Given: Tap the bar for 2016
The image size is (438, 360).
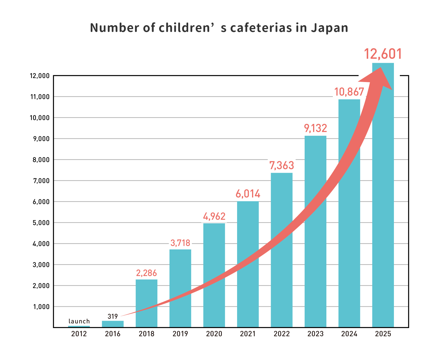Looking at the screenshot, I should [113, 324].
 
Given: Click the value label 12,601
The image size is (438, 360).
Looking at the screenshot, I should [383, 54].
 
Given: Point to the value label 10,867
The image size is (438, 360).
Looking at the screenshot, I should [349, 92].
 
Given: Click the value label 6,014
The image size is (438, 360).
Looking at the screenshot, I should [248, 194].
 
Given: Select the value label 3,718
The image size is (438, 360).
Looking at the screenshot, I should [180, 243].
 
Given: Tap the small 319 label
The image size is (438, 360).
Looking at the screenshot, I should [112, 316].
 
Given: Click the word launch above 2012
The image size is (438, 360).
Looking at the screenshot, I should [79, 321].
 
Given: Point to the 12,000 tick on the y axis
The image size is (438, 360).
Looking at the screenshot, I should [40, 76].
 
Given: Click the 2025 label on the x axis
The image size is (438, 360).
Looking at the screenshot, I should [383, 334].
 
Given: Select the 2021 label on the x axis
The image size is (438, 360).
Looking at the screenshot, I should [248, 334].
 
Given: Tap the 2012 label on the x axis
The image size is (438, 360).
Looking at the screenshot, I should [79, 334].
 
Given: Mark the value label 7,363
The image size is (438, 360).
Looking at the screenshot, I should [281, 165].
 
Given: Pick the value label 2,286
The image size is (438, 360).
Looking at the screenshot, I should [146, 273].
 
